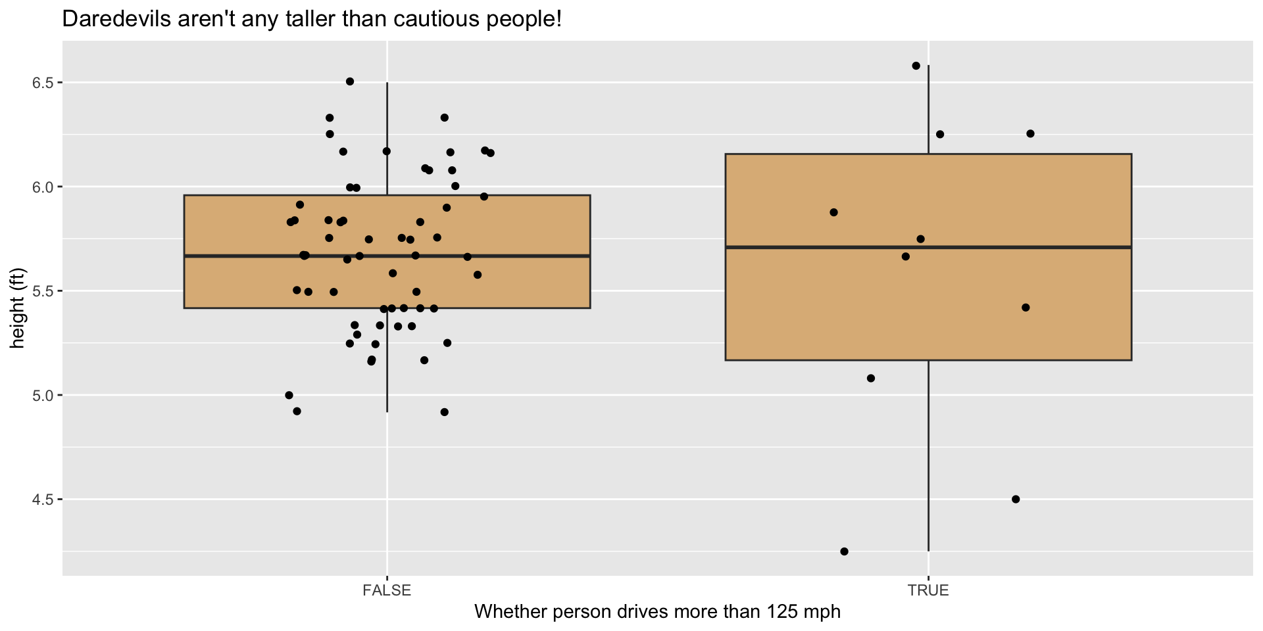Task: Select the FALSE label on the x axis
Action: pos(387,590)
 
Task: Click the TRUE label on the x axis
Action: pos(928,590)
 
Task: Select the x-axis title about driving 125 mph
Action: pos(657,612)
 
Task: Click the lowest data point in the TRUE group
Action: pos(844,551)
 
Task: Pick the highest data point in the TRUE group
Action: pos(916,66)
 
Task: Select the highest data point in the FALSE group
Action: pos(350,82)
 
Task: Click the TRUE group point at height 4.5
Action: pos(1015,500)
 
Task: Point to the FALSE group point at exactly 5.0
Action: pos(289,395)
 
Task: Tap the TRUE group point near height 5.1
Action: pos(871,379)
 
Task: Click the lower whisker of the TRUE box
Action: pos(928,460)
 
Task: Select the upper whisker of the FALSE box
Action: pos(387,138)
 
